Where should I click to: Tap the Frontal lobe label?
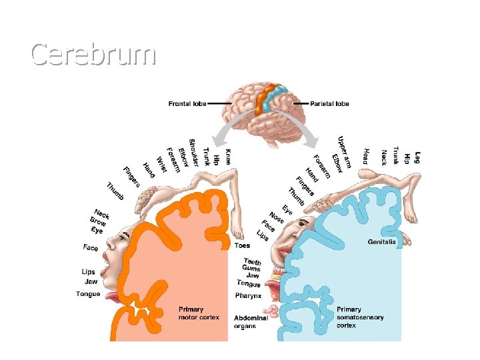(187, 104)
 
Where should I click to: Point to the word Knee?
(228, 157)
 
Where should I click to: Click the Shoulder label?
(193, 151)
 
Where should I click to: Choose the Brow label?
(97, 221)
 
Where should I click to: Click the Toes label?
(243, 246)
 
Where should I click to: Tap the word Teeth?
(253, 261)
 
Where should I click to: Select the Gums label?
(251, 269)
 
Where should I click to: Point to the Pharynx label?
(248, 295)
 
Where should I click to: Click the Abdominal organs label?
(251, 322)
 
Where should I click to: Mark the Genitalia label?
(382, 241)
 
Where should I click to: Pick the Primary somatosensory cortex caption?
(360, 317)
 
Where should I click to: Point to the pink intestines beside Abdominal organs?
(272, 311)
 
